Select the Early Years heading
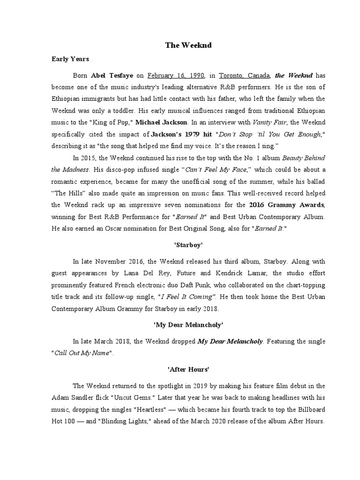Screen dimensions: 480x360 70,60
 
